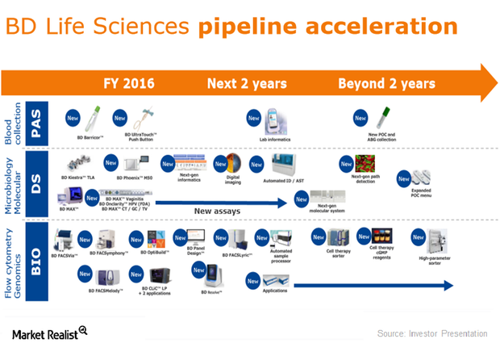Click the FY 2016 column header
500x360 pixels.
pos(130,83)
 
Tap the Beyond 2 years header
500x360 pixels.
pos(386,83)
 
